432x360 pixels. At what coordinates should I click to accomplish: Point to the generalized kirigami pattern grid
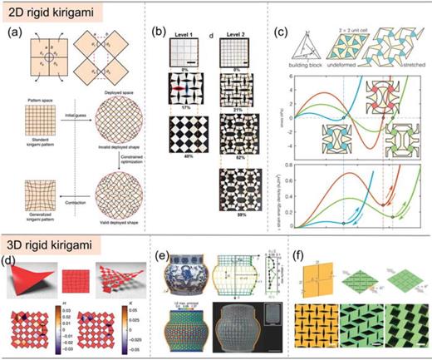coord(35,171)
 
